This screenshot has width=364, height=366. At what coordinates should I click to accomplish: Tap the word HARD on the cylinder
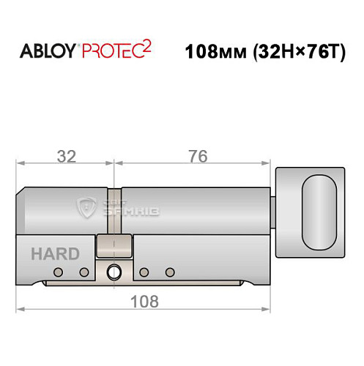55,255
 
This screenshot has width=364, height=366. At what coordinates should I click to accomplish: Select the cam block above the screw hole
114,246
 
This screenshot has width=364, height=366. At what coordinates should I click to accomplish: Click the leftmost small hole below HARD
57,272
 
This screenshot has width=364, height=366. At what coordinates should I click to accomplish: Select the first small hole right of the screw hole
144,272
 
